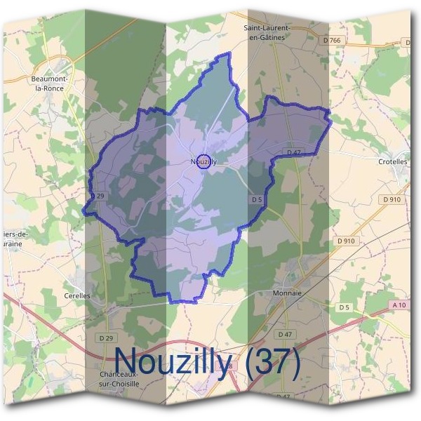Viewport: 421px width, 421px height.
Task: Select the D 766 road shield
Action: coord(334,41)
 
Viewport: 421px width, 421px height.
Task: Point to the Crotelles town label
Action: coord(393,161)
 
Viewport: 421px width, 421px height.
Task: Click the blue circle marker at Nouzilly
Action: coord(203,161)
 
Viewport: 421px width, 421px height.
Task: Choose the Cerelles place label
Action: coord(77,296)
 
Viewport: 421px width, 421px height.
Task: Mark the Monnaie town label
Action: coord(286,293)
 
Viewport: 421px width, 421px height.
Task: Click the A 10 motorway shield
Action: coord(399,305)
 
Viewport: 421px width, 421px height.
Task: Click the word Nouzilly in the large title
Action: coord(172,361)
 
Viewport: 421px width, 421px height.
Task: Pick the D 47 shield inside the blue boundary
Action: coord(293,152)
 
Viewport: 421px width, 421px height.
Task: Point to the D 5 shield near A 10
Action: coord(343,307)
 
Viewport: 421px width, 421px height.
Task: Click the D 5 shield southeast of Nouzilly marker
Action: coord(257,199)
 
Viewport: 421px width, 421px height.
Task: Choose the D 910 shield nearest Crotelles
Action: coord(392,199)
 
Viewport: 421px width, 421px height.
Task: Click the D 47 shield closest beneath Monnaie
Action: coord(285,334)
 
